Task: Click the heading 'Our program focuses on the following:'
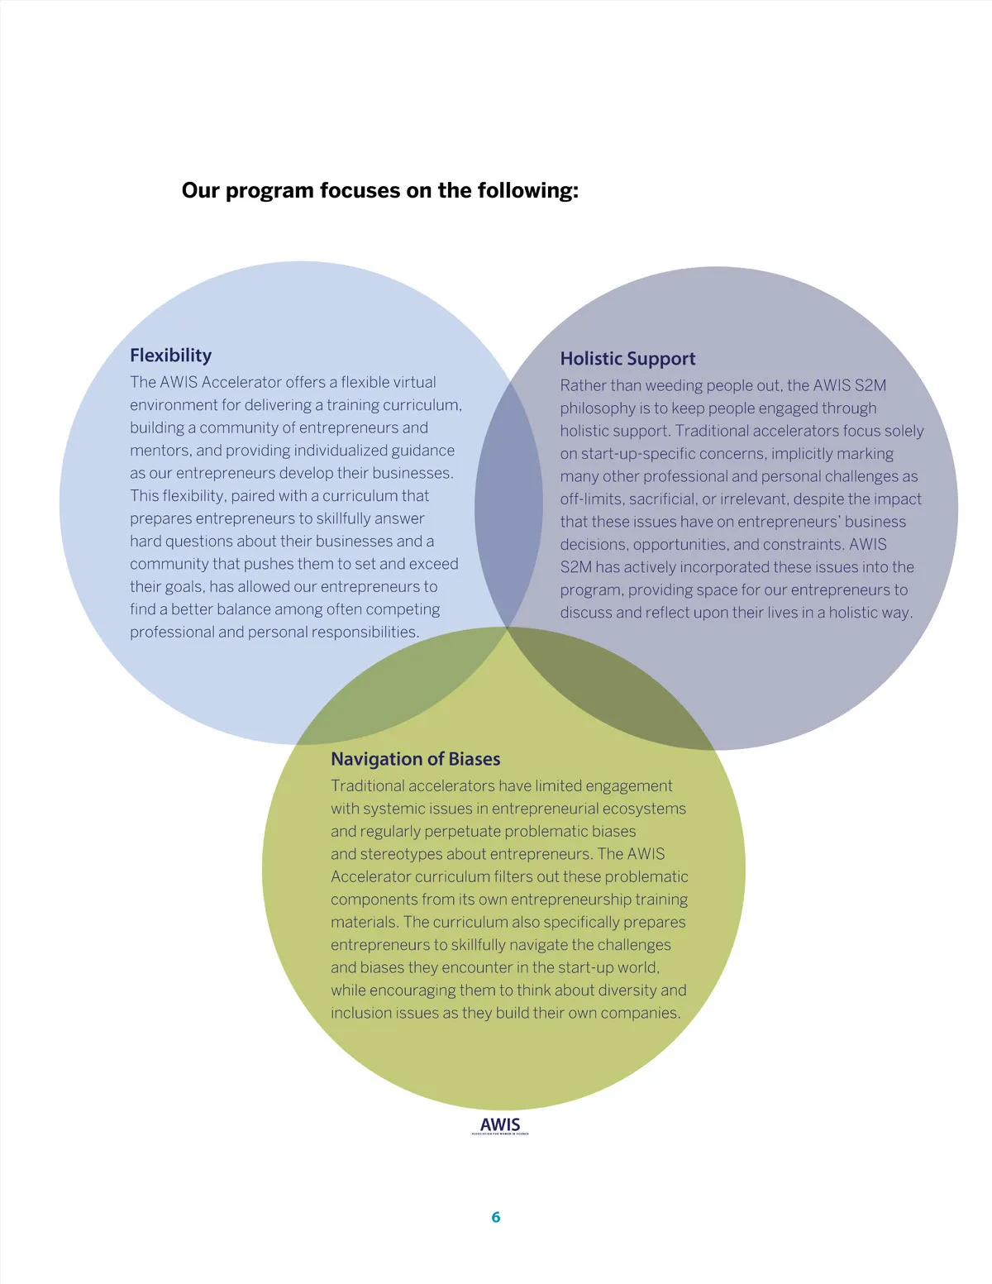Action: pos(379,191)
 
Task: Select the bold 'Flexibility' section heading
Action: pos(170,356)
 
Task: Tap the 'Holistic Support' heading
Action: pos(627,359)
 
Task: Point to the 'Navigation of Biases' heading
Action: pos(415,759)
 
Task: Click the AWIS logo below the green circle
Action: pos(500,1125)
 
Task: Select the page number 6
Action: pos(496,1217)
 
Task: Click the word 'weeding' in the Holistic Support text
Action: pos(672,385)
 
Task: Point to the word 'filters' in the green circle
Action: pos(522,876)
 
